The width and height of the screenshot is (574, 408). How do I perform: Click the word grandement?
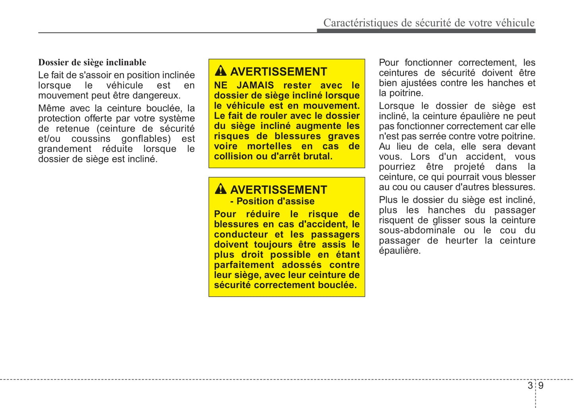65,149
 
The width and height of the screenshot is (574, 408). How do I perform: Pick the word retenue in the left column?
73,128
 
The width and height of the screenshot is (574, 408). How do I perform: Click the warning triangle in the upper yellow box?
220,71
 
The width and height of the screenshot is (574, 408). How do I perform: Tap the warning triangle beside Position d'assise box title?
220,189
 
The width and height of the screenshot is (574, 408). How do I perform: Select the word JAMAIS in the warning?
255,85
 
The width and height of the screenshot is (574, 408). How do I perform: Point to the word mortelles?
269,146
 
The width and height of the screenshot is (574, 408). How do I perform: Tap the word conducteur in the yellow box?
241,235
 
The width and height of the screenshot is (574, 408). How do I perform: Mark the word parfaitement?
244,265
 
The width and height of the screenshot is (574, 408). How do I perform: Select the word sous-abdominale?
417,230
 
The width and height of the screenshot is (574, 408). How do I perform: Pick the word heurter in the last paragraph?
461,241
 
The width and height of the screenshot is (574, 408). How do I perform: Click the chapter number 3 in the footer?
530,385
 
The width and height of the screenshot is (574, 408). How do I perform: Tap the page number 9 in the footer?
541,385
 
